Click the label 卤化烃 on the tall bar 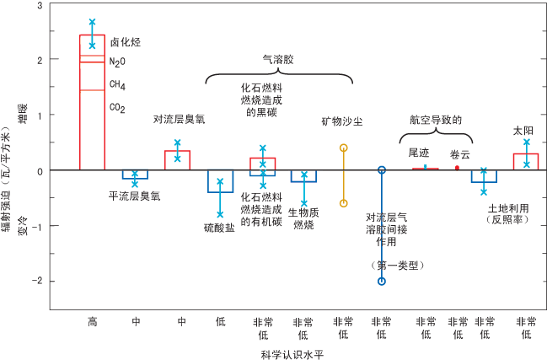[125, 41]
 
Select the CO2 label [117, 107]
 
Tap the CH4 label [117, 84]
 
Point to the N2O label [117, 62]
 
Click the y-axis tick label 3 [40, 6]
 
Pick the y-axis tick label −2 [38, 282]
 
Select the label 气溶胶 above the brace [278, 60]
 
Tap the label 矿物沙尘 [343, 121]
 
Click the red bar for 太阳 [525, 162]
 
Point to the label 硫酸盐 [219, 228]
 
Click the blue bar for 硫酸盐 [220, 181]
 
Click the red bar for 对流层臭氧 [177, 160]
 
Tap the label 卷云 [459, 154]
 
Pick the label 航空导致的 [437, 120]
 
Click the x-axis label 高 [93, 321]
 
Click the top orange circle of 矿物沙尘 [343, 148]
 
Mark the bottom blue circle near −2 [382, 282]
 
